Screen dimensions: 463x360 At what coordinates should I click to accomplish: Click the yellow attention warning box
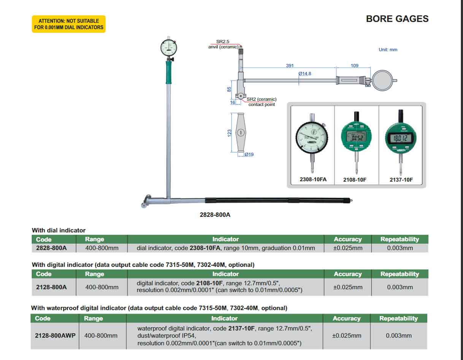point(68,24)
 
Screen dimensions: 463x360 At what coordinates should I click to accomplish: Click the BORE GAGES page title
point(397,19)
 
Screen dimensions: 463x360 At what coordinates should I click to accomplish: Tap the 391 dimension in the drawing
point(290,66)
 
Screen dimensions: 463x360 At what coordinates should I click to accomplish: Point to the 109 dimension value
point(355,66)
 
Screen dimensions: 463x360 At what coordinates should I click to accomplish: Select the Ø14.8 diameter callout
point(305,74)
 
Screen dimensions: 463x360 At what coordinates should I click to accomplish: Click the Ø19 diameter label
point(249,155)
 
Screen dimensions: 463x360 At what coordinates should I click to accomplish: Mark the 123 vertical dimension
point(229,133)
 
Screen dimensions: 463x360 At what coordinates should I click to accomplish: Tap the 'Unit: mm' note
point(388,50)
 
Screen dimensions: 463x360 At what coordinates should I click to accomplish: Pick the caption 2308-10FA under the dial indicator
point(313,179)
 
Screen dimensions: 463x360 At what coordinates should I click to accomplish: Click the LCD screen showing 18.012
point(400,139)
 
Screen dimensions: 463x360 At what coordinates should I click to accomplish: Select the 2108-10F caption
point(355,180)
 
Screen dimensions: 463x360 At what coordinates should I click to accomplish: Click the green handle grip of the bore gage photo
point(168,72)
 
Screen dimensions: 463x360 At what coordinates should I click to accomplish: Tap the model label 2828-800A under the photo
point(215,215)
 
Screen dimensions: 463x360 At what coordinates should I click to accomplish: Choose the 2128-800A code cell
point(51,287)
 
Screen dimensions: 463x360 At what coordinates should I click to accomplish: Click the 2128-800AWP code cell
point(55,336)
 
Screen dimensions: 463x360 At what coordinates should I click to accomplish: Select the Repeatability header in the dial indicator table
point(400,239)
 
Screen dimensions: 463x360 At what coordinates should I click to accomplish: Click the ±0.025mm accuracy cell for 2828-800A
point(348,248)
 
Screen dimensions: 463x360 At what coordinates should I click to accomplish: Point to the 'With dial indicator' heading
point(59,230)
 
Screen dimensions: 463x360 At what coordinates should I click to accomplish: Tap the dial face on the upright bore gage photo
point(168,47)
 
